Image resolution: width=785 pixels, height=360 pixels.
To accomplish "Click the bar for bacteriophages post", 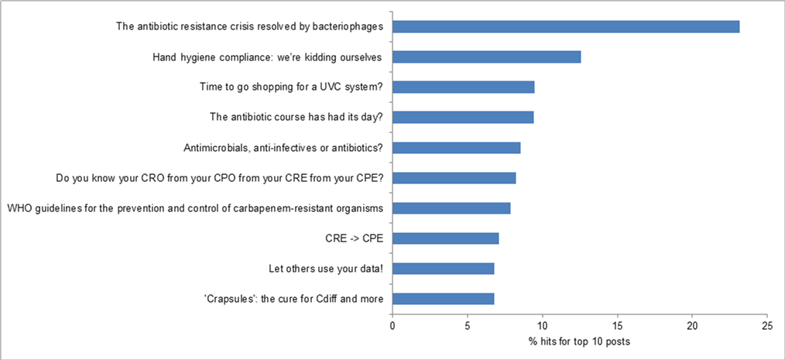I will pyautogui.click(x=565, y=26).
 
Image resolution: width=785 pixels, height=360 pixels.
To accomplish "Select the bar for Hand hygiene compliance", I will pyautogui.click(x=486, y=57).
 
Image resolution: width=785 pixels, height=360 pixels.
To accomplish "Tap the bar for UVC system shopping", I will pyautogui.click(x=463, y=87).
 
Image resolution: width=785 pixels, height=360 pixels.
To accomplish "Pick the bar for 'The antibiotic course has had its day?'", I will pyautogui.click(x=462, y=117).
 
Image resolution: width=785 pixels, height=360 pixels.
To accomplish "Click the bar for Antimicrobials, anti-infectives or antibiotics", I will pyautogui.click(x=456, y=147).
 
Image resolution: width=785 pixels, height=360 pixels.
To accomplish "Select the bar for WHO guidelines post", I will pyautogui.click(x=451, y=207).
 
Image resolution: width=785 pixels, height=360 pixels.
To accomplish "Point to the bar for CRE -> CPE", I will pyautogui.click(x=445, y=238).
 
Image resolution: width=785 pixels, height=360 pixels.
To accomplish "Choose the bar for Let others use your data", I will pyautogui.click(x=443, y=268).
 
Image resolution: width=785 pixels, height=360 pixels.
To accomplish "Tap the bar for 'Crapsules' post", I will pyautogui.click(x=443, y=298).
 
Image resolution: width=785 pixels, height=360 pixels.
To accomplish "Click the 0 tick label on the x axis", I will pyautogui.click(x=392, y=327).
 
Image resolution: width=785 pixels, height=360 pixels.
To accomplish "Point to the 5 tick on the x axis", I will pyautogui.click(x=468, y=327).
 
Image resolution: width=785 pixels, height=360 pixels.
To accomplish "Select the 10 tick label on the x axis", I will pyautogui.click(x=542, y=327).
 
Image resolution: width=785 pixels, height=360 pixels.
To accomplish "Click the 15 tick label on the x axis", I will pyautogui.click(x=617, y=327).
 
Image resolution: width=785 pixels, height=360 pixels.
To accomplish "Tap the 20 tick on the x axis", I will pyautogui.click(x=692, y=327).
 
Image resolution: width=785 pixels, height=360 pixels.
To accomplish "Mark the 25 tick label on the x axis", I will pyautogui.click(x=767, y=327).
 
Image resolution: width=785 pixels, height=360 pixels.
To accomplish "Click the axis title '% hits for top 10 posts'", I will pyautogui.click(x=580, y=342).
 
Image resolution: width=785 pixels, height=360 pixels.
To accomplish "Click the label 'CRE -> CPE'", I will pyautogui.click(x=358, y=238).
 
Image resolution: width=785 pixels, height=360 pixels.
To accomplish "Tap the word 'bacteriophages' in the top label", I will pyautogui.click(x=349, y=26).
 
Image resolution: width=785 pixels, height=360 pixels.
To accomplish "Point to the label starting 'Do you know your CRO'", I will pyautogui.click(x=221, y=177).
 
